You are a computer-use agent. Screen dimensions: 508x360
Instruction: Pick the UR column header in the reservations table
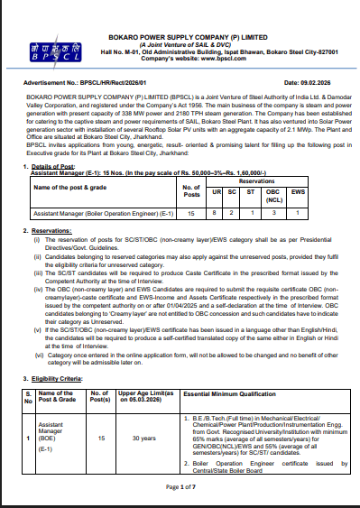click(215, 192)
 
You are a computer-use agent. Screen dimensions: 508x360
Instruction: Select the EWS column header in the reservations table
click(323, 192)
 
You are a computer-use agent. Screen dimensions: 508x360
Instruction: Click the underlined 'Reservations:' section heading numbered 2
click(58, 230)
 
